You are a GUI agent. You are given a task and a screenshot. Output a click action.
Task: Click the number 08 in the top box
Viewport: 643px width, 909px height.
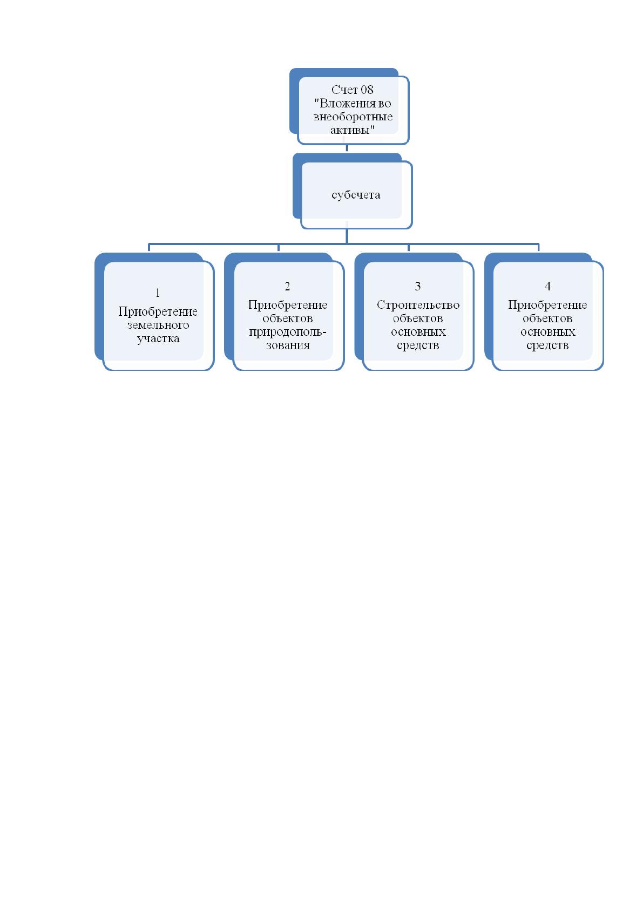pyautogui.click(x=367, y=90)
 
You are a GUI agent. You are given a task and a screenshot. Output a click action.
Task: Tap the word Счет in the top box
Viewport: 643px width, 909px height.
pyautogui.click(x=344, y=90)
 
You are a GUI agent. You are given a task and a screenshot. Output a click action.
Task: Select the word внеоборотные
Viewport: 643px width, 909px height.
pyautogui.click(x=353, y=117)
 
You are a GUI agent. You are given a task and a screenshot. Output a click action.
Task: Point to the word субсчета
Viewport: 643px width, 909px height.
pyautogui.click(x=356, y=195)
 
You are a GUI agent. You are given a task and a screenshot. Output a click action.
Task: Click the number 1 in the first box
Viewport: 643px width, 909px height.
pyautogui.click(x=158, y=293)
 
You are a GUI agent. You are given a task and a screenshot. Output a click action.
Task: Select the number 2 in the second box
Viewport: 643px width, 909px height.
pyautogui.click(x=287, y=286)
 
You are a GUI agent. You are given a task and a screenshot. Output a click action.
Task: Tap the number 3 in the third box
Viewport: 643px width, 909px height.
pyautogui.click(x=418, y=286)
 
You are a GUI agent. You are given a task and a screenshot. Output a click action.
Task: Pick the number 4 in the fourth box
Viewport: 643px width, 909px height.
pyautogui.click(x=547, y=286)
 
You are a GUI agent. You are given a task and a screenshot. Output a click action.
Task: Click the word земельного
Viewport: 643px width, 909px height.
pyautogui.click(x=158, y=325)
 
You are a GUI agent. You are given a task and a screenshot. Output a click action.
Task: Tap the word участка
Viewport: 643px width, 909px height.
pyautogui.click(x=158, y=338)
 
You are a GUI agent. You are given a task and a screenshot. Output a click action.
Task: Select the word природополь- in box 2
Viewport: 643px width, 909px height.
pyautogui.click(x=288, y=332)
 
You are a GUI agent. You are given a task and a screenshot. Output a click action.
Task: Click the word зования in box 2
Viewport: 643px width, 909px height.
pyautogui.click(x=288, y=345)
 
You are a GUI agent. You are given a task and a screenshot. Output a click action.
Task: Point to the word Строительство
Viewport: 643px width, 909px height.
pyautogui.click(x=418, y=305)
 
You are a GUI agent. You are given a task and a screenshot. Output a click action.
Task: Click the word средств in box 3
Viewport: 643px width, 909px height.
pyautogui.click(x=418, y=345)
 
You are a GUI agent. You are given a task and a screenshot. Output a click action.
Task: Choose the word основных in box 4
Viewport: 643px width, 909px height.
pyautogui.click(x=547, y=332)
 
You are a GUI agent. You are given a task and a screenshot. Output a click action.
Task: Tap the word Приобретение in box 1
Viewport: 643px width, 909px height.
pyautogui.click(x=158, y=311)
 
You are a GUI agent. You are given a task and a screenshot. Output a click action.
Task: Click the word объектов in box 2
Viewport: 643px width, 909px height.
pyautogui.click(x=287, y=318)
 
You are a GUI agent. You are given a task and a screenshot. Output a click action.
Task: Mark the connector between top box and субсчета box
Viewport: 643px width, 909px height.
pyautogui.click(x=347, y=148)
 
